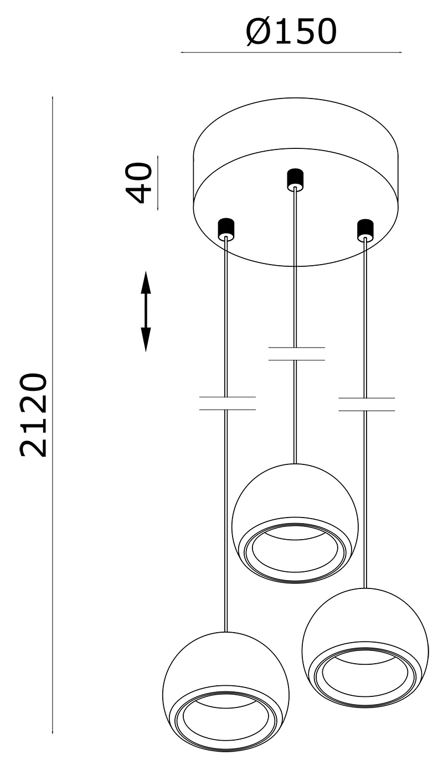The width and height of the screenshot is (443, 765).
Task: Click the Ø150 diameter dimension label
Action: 291,32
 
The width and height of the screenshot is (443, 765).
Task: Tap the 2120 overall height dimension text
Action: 33,415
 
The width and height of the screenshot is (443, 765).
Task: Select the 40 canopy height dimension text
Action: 139,183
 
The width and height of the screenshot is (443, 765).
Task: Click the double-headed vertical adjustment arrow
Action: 146,312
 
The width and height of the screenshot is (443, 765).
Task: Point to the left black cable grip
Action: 226,228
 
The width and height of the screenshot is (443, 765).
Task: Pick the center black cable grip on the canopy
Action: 295,179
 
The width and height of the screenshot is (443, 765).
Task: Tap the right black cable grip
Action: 365,230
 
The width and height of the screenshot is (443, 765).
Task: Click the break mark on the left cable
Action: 228,404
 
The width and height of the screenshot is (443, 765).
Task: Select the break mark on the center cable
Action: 296,354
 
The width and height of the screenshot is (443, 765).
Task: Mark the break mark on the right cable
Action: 367,404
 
